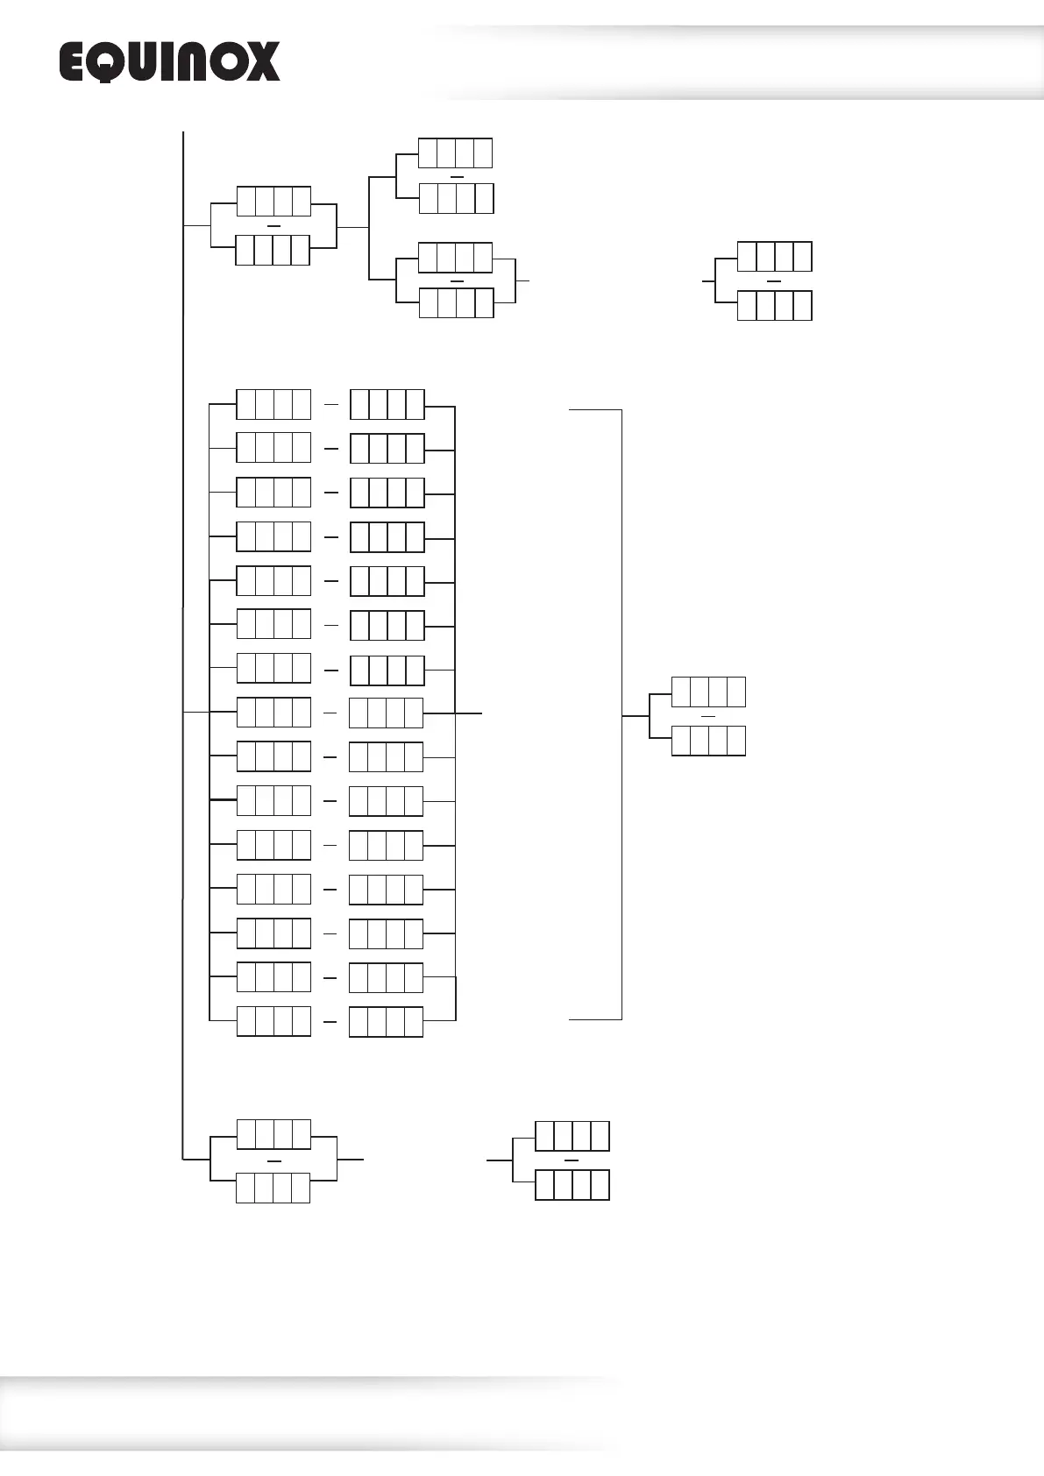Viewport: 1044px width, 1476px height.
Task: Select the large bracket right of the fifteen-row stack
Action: point(621,714)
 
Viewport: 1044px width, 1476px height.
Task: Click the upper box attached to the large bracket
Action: point(708,692)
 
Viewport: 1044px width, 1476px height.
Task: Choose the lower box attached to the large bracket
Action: point(708,741)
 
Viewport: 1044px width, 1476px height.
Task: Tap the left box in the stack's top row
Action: point(273,404)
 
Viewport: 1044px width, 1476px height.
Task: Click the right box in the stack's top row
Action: point(387,404)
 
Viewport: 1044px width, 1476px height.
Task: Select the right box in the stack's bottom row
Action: point(386,1022)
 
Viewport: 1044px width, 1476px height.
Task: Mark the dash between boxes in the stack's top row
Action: point(330,405)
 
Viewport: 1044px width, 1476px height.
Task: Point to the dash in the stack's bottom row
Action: point(330,1022)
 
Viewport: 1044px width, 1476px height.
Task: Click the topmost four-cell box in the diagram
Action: point(455,153)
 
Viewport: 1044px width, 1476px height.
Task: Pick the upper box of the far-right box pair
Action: point(774,256)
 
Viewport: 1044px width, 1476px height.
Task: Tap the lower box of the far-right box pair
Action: point(774,305)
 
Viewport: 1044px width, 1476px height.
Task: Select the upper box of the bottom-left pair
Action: point(273,1134)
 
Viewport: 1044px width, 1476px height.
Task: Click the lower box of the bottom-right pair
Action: point(572,1185)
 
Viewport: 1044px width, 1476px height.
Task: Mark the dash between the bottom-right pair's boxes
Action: point(572,1160)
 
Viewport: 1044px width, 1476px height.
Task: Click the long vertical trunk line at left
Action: point(183,526)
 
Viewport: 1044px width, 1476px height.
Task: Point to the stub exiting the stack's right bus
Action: point(469,713)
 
